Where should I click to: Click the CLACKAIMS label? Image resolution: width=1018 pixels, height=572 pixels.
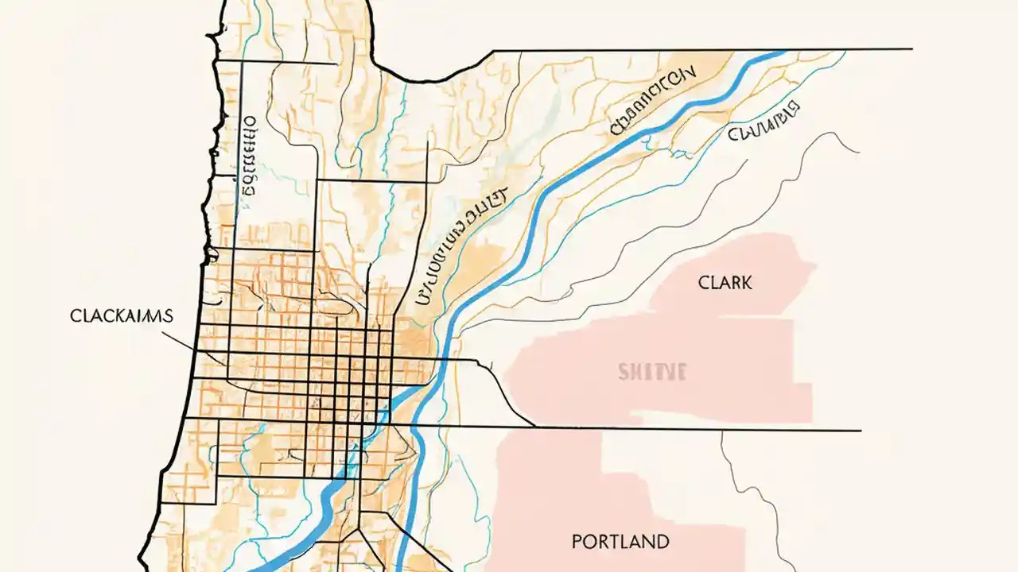click(122, 315)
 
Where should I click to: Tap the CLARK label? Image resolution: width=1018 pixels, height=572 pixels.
click(725, 282)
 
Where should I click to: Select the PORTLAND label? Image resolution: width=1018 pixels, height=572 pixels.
click(620, 543)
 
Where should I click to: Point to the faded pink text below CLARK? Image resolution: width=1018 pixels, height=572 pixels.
click(651, 371)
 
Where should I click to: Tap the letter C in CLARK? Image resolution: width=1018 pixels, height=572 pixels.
click(704, 282)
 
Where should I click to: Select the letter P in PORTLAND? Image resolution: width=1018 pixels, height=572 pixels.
click(577, 543)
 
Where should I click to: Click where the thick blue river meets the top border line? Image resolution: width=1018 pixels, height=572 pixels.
click(775, 52)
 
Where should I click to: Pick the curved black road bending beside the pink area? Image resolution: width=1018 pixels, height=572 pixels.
click(501, 389)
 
